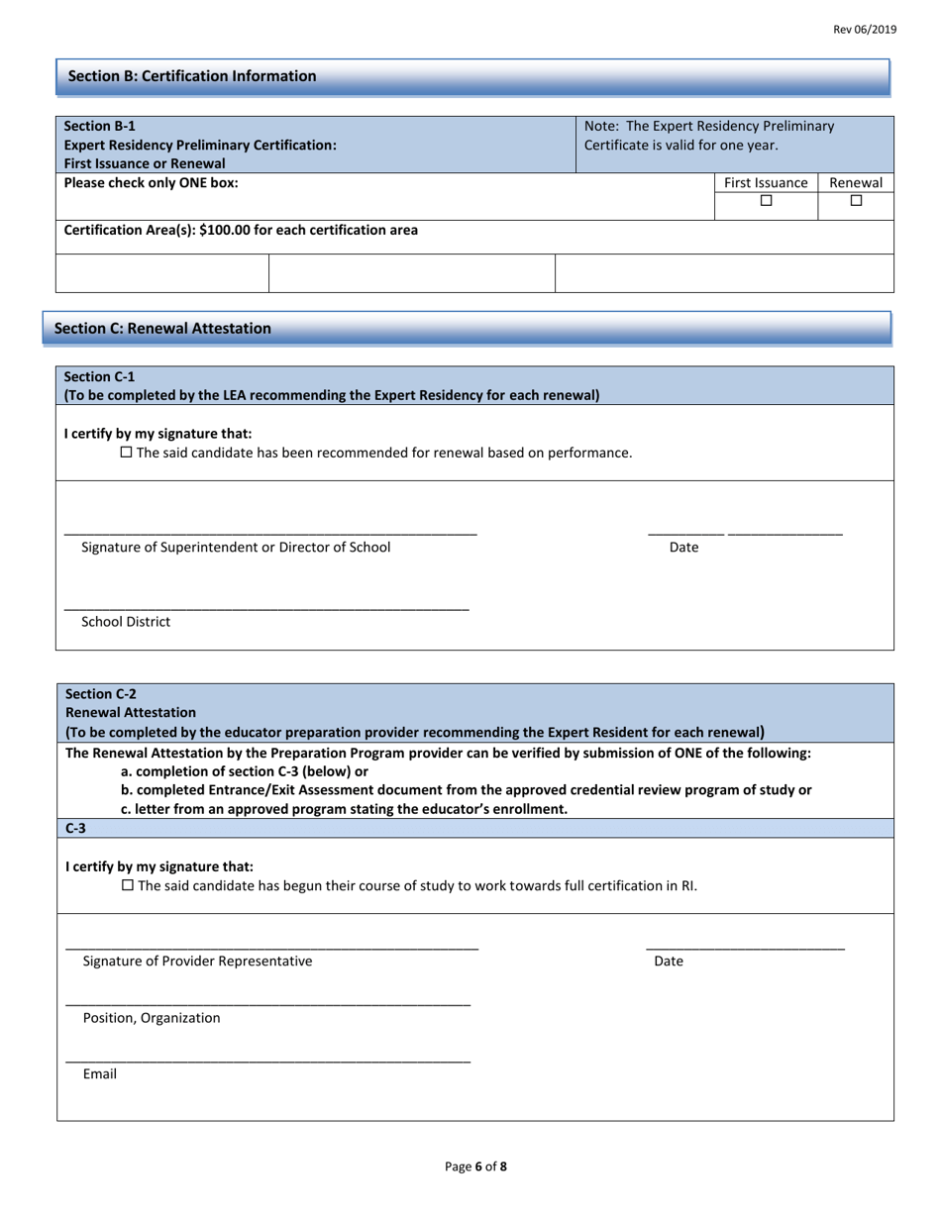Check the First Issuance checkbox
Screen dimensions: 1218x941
(766, 201)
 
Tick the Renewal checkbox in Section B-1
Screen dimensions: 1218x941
(856, 201)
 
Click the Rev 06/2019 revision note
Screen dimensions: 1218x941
(864, 30)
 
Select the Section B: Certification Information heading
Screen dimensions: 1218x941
(192, 76)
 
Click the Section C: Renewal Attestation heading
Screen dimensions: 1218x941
(162, 329)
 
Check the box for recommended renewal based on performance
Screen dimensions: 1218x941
(127, 453)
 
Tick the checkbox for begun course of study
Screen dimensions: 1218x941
(127, 885)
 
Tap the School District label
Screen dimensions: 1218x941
(126, 622)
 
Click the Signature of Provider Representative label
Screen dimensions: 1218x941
(197, 961)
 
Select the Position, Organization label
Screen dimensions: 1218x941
(152, 1018)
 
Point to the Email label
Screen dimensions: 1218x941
(100, 1073)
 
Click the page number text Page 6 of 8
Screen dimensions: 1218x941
(475, 1167)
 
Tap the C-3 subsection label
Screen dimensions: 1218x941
(75, 828)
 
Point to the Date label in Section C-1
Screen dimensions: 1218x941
(683, 548)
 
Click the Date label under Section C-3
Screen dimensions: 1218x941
(669, 961)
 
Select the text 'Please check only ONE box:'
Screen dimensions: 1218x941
(151, 183)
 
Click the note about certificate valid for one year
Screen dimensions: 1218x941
(709, 136)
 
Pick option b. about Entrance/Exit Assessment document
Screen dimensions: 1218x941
(466, 790)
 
